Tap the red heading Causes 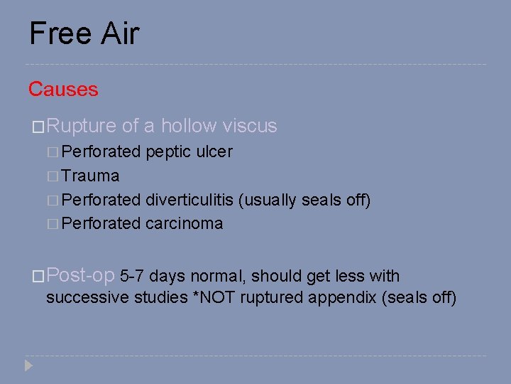63,90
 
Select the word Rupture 81,127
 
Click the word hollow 189,127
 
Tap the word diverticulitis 191,200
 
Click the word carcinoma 184,224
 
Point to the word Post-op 81,276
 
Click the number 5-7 133,277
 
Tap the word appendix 346,297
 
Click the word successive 88,297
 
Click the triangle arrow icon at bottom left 28,366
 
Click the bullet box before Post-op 38,277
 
